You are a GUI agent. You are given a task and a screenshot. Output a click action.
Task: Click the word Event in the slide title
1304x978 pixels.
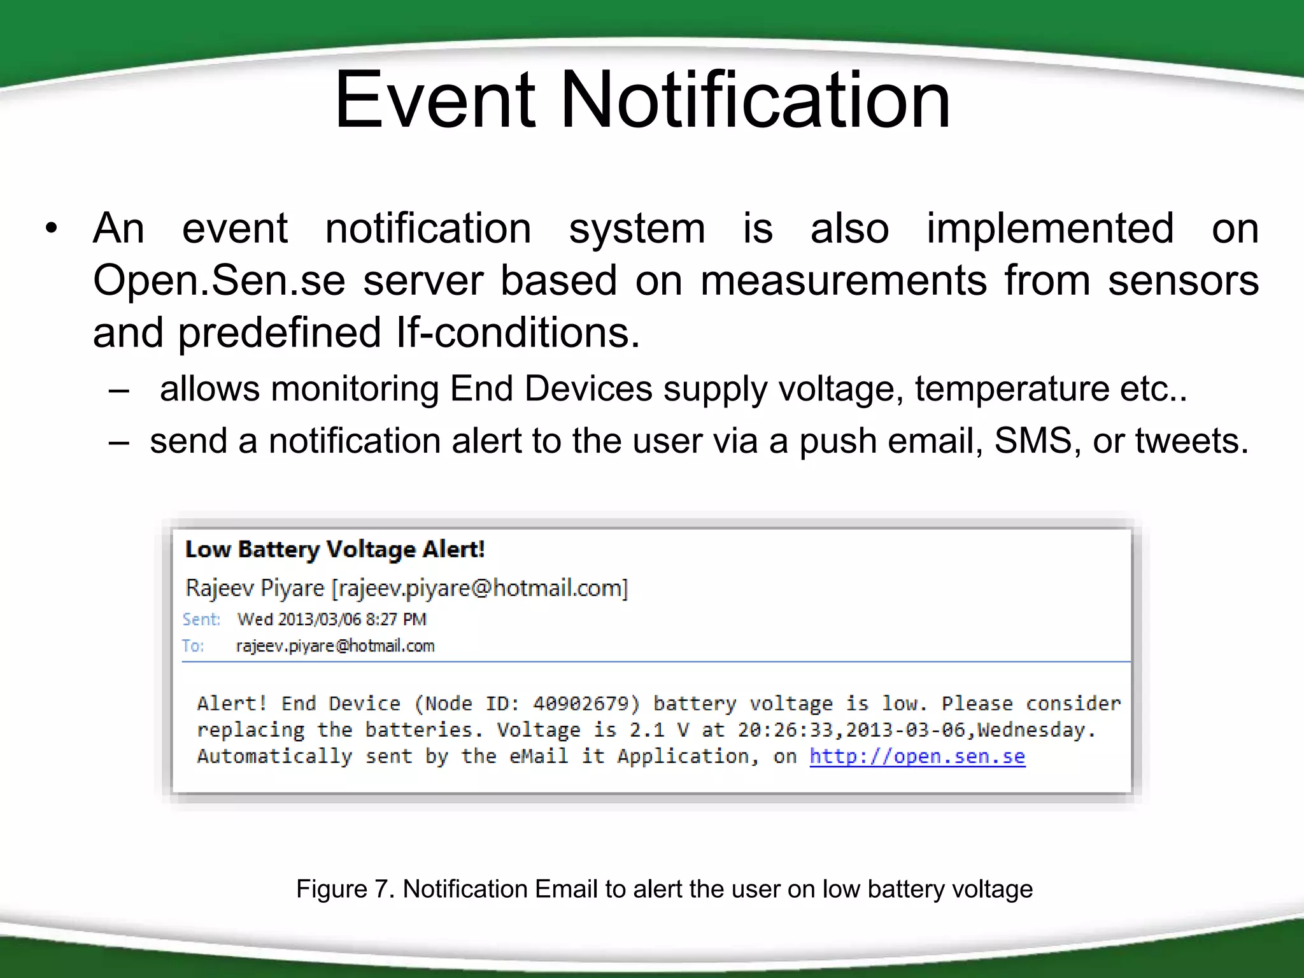point(435,100)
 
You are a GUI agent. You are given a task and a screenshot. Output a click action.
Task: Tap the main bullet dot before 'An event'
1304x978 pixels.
point(52,229)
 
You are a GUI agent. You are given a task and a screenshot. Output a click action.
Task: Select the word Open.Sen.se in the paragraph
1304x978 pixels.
point(218,280)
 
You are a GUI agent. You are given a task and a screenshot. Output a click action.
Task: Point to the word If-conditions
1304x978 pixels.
point(517,332)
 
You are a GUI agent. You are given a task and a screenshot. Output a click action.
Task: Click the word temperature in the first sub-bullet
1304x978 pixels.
point(1012,388)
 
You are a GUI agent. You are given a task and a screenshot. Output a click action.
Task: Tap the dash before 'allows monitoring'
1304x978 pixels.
point(119,390)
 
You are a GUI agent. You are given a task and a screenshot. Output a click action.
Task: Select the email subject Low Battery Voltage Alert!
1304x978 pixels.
point(335,549)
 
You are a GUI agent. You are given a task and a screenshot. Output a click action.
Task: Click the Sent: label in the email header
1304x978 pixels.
point(201,620)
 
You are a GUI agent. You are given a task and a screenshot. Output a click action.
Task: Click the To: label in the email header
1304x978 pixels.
point(193,646)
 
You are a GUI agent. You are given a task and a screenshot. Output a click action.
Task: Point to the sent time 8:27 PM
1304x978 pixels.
point(396,620)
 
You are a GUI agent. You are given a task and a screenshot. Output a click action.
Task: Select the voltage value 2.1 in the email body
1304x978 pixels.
point(647,730)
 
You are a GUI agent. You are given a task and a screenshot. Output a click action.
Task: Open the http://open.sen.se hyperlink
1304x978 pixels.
point(917,756)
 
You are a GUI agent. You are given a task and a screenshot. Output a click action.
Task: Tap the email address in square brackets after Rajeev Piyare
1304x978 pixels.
point(480,588)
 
